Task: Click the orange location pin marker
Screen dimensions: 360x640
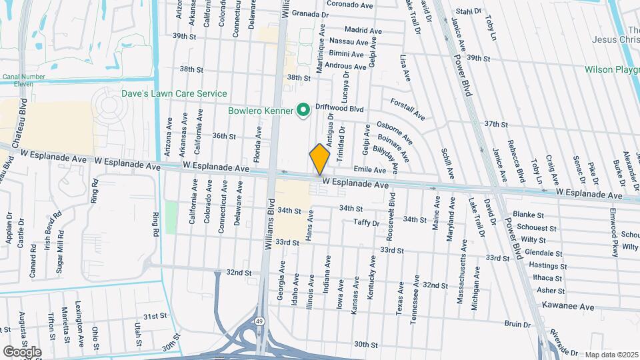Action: (x=320, y=159)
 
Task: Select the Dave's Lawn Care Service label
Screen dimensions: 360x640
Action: (x=175, y=94)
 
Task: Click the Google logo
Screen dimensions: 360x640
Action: (x=22, y=351)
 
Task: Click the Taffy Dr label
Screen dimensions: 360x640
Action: (x=366, y=223)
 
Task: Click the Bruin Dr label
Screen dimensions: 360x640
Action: (x=517, y=325)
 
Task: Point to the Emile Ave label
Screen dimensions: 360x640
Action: (x=370, y=170)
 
